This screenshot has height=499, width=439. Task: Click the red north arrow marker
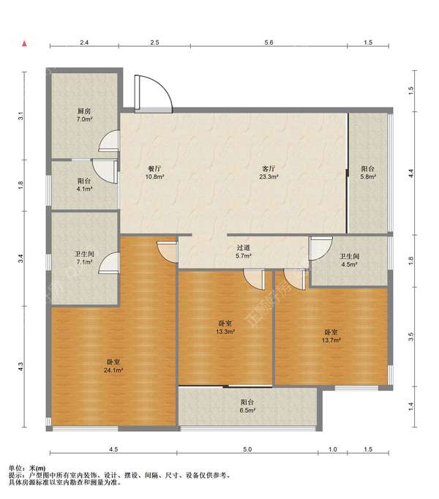coord(24,44)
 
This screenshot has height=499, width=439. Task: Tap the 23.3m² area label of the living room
coord(269,176)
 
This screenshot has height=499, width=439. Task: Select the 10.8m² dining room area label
coord(154,176)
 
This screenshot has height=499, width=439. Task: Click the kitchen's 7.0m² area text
coord(84,120)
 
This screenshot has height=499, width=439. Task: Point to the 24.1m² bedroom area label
coord(113,370)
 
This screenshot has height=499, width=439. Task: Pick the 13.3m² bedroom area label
coord(225,331)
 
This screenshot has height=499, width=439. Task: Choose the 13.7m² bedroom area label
coord(331,340)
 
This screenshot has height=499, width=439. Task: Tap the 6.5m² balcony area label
coord(248,410)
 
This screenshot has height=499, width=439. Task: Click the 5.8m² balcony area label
coord(368,176)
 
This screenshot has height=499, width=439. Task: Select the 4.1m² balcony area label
coord(84,189)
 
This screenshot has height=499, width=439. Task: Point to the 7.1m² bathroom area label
coord(84,262)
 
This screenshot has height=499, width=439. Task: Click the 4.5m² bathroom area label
coord(350,264)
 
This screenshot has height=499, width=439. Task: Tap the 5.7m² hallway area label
coord(244,256)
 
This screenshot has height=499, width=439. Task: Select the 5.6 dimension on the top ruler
coord(269,42)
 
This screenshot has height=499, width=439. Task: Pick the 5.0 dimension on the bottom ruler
coord(247,449)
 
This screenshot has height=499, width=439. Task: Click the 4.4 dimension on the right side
coord(411,173)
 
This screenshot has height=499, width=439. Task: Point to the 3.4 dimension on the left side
coord(21,259)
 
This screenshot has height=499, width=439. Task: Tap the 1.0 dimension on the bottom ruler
coord(333,449)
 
